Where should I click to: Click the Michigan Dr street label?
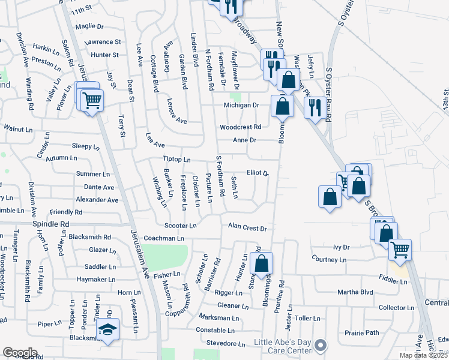click(x=241, y=105)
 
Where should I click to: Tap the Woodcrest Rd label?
click(x=240, y=127)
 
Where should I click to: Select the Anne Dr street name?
click(x=245, y=140)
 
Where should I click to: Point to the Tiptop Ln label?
click(x=176, y=160)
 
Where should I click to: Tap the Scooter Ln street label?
click(x=181, y=226)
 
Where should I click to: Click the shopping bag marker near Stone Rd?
click(x=262, y=263)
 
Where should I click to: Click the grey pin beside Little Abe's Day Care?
click(x=321, y=344)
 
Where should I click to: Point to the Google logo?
click(x=19, y=352)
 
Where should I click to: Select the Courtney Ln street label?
click(x=329, y=259)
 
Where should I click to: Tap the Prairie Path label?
click(x=362, y=332)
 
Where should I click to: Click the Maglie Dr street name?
click(x=90, y=26)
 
